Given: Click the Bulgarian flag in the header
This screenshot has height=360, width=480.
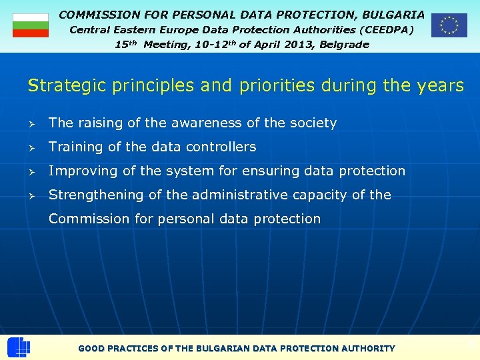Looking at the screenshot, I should click(x=31, y=25).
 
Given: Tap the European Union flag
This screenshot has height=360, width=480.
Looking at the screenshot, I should click(x=449, y=25).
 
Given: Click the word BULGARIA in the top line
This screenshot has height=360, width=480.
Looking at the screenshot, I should click(x=393, y=14).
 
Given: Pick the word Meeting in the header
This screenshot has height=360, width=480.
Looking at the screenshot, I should click(x=167, y=45).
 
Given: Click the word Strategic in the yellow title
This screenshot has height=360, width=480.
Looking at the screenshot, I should click(x=62, y=86).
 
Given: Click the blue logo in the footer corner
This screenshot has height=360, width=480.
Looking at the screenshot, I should click(x=18, y=347).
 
